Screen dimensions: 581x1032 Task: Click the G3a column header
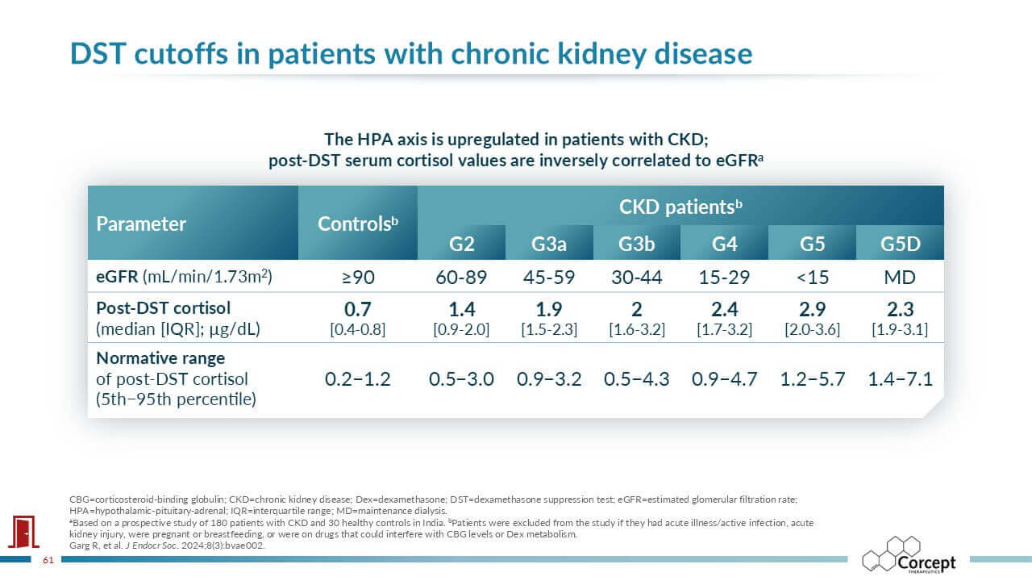pos(549,244)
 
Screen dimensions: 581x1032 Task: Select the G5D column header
pos(900,244)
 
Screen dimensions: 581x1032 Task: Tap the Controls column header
pos(358,224)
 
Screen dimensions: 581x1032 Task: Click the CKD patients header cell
pos(680,207)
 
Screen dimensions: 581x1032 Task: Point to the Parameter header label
pos(141,224)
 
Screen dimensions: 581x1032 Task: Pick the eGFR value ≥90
pos(358,278)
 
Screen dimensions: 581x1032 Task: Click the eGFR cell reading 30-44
pos(637,278)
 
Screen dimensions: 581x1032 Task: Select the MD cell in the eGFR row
pos(900,278)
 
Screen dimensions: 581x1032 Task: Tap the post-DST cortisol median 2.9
pos(812,310)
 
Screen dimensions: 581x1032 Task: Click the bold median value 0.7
pos(357,310)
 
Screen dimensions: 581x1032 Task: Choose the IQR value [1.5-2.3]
pos(549,329)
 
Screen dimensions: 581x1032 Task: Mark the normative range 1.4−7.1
pos(900,378)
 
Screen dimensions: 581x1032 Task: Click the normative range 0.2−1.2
pos(357,378)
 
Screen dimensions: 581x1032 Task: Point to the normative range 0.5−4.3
pos(637,378)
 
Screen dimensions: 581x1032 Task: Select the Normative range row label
pos(160,358)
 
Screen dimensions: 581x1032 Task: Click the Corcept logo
pos(909,556)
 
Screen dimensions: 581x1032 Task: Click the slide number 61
pos(48,559)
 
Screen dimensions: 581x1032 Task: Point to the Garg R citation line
pos(167,545)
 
